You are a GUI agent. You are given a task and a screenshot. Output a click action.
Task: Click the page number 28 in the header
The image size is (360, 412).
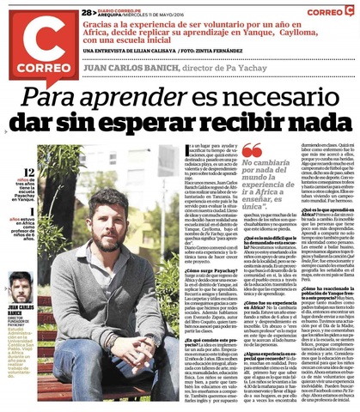(88, 13)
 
